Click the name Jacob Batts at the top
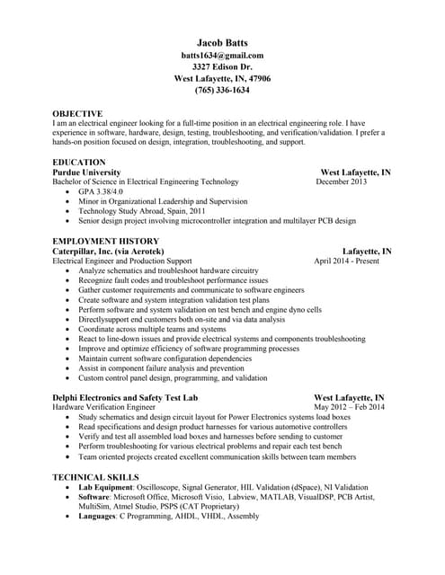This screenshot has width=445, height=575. (x=222, y=42)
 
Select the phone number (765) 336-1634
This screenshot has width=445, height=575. (x=222, y=90)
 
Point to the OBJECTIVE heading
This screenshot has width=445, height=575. (x=77, y=113)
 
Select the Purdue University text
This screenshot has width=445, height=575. (x=86, y=172)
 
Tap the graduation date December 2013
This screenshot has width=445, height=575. (x=342, y=181)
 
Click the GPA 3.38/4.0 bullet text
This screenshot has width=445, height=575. (x=101, y=191)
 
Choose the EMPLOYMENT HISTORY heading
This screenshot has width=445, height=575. (x=106, y=241)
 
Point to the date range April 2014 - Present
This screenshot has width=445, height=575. (x=346, y=261)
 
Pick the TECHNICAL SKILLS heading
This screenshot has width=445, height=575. (x=95, y=476)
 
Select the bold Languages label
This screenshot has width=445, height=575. (x=97, y=516)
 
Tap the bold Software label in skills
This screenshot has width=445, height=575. (x=94, y=496)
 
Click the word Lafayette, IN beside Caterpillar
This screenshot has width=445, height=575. (x=367, y=252)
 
